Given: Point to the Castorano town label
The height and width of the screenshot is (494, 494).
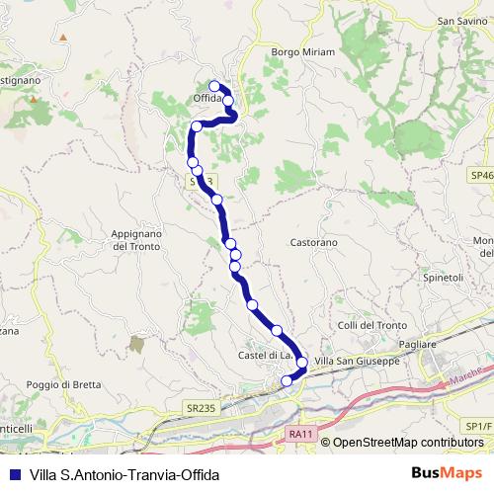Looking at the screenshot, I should point(314,241).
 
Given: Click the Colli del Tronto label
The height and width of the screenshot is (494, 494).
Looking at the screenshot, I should point(371,325).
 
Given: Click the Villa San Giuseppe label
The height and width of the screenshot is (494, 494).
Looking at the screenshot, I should point(356,362).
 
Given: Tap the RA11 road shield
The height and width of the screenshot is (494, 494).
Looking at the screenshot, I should point(301,433).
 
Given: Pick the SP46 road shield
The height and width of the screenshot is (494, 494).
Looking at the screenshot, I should point(481,175).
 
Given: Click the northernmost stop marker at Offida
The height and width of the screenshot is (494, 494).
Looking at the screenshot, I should point(215,86).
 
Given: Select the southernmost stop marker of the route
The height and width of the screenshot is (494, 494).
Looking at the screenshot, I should point(288,380).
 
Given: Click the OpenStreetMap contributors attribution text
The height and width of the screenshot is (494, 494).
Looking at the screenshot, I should point(407,443).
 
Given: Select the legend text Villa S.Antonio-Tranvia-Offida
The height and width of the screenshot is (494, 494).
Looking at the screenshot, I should point(123,473).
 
